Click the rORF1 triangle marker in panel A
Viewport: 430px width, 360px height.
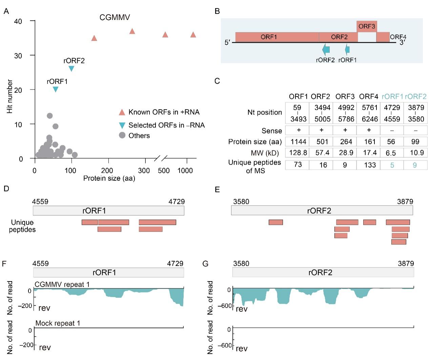56,89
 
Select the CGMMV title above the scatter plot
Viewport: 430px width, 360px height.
115,18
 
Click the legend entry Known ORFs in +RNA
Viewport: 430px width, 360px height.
164,112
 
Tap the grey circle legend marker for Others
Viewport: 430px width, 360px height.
122,135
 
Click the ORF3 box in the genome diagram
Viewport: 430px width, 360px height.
367,26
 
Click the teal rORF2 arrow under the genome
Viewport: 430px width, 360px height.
326,49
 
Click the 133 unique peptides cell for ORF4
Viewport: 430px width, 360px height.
370,165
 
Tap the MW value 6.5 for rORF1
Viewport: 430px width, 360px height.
391,153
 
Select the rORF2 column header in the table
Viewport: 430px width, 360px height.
416,97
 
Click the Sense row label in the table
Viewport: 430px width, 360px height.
271,131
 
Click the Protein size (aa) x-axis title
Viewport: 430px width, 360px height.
109,178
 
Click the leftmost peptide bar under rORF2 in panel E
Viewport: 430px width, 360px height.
275,222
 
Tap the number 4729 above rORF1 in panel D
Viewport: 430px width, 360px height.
177,202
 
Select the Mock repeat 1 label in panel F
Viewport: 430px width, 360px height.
58,323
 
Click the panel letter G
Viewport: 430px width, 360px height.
205,263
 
